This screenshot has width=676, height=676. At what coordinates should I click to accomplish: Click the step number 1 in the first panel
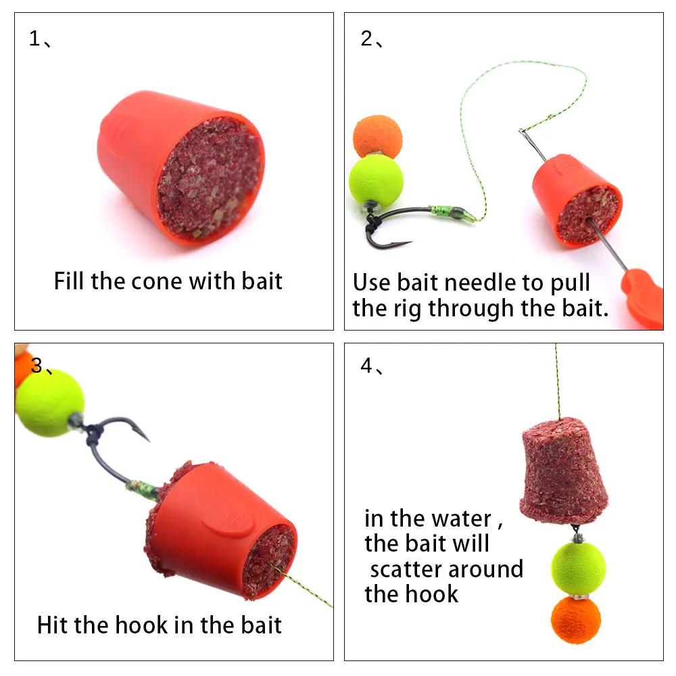coord(34,39)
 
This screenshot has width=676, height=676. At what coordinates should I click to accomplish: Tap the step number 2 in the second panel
coord(366,39)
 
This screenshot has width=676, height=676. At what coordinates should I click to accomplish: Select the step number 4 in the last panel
coord(366,367)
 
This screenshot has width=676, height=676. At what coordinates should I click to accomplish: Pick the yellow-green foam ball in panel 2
coord(376,180)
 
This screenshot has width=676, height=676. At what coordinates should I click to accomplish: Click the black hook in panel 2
coord(392,226)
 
